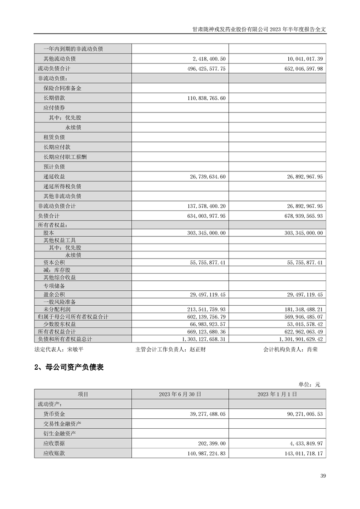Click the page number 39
(323, 476)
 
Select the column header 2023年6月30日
(180, 395)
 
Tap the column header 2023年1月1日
(277, 395)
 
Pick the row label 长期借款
(54, 98)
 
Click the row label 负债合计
(49, 216)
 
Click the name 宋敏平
(75, 350)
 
